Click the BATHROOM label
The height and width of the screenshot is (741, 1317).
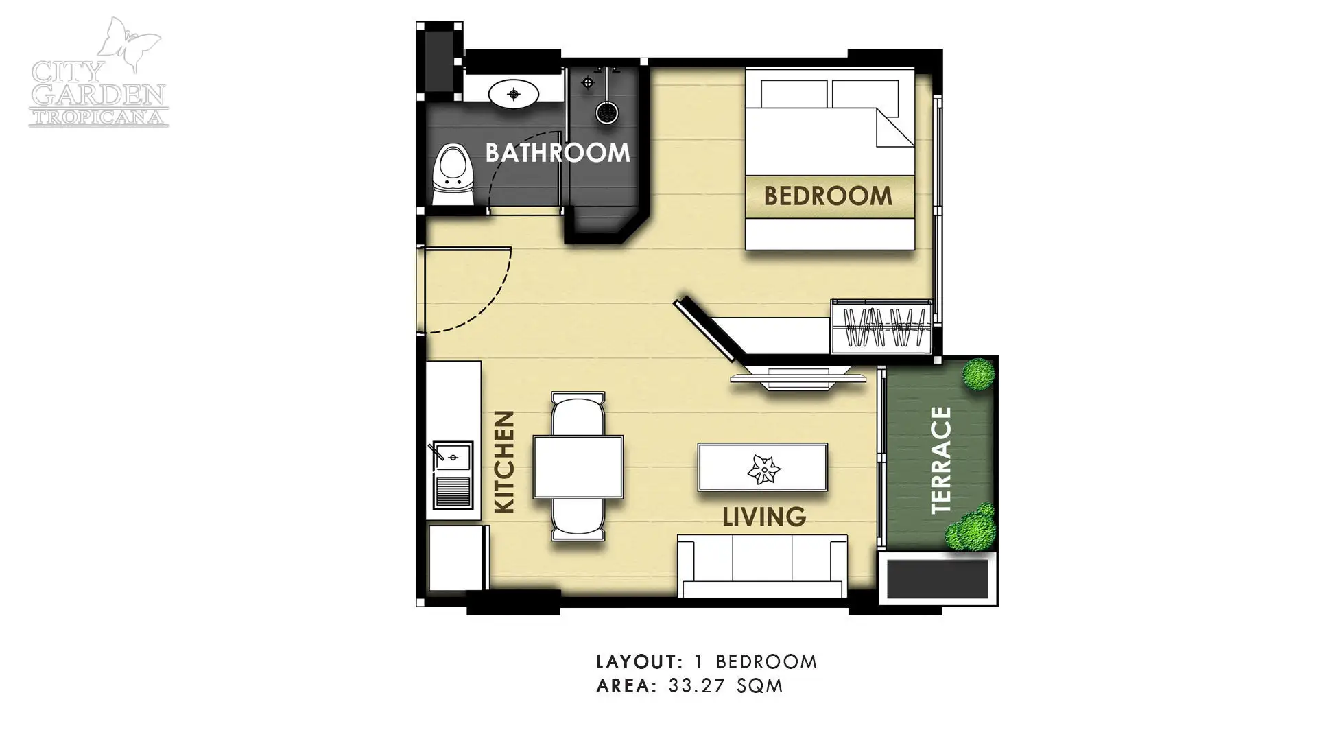(558, 152)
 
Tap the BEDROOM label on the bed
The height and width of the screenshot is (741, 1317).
(828, 196)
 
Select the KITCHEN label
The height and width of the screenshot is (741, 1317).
(505, 462)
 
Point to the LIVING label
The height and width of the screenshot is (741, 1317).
(764, 517)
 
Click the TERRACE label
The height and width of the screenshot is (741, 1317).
(941, 460)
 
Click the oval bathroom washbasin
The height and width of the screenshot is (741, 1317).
(514, 93)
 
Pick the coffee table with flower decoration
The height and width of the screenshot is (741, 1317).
(763, 467)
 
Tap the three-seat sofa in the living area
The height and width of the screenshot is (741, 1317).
(762, 566)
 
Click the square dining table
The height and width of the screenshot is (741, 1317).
(578, 467)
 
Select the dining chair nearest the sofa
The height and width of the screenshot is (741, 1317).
(578, 519)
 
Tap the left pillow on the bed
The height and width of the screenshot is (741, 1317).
(794, 94)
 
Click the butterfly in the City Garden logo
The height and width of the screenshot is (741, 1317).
(128, 45)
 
